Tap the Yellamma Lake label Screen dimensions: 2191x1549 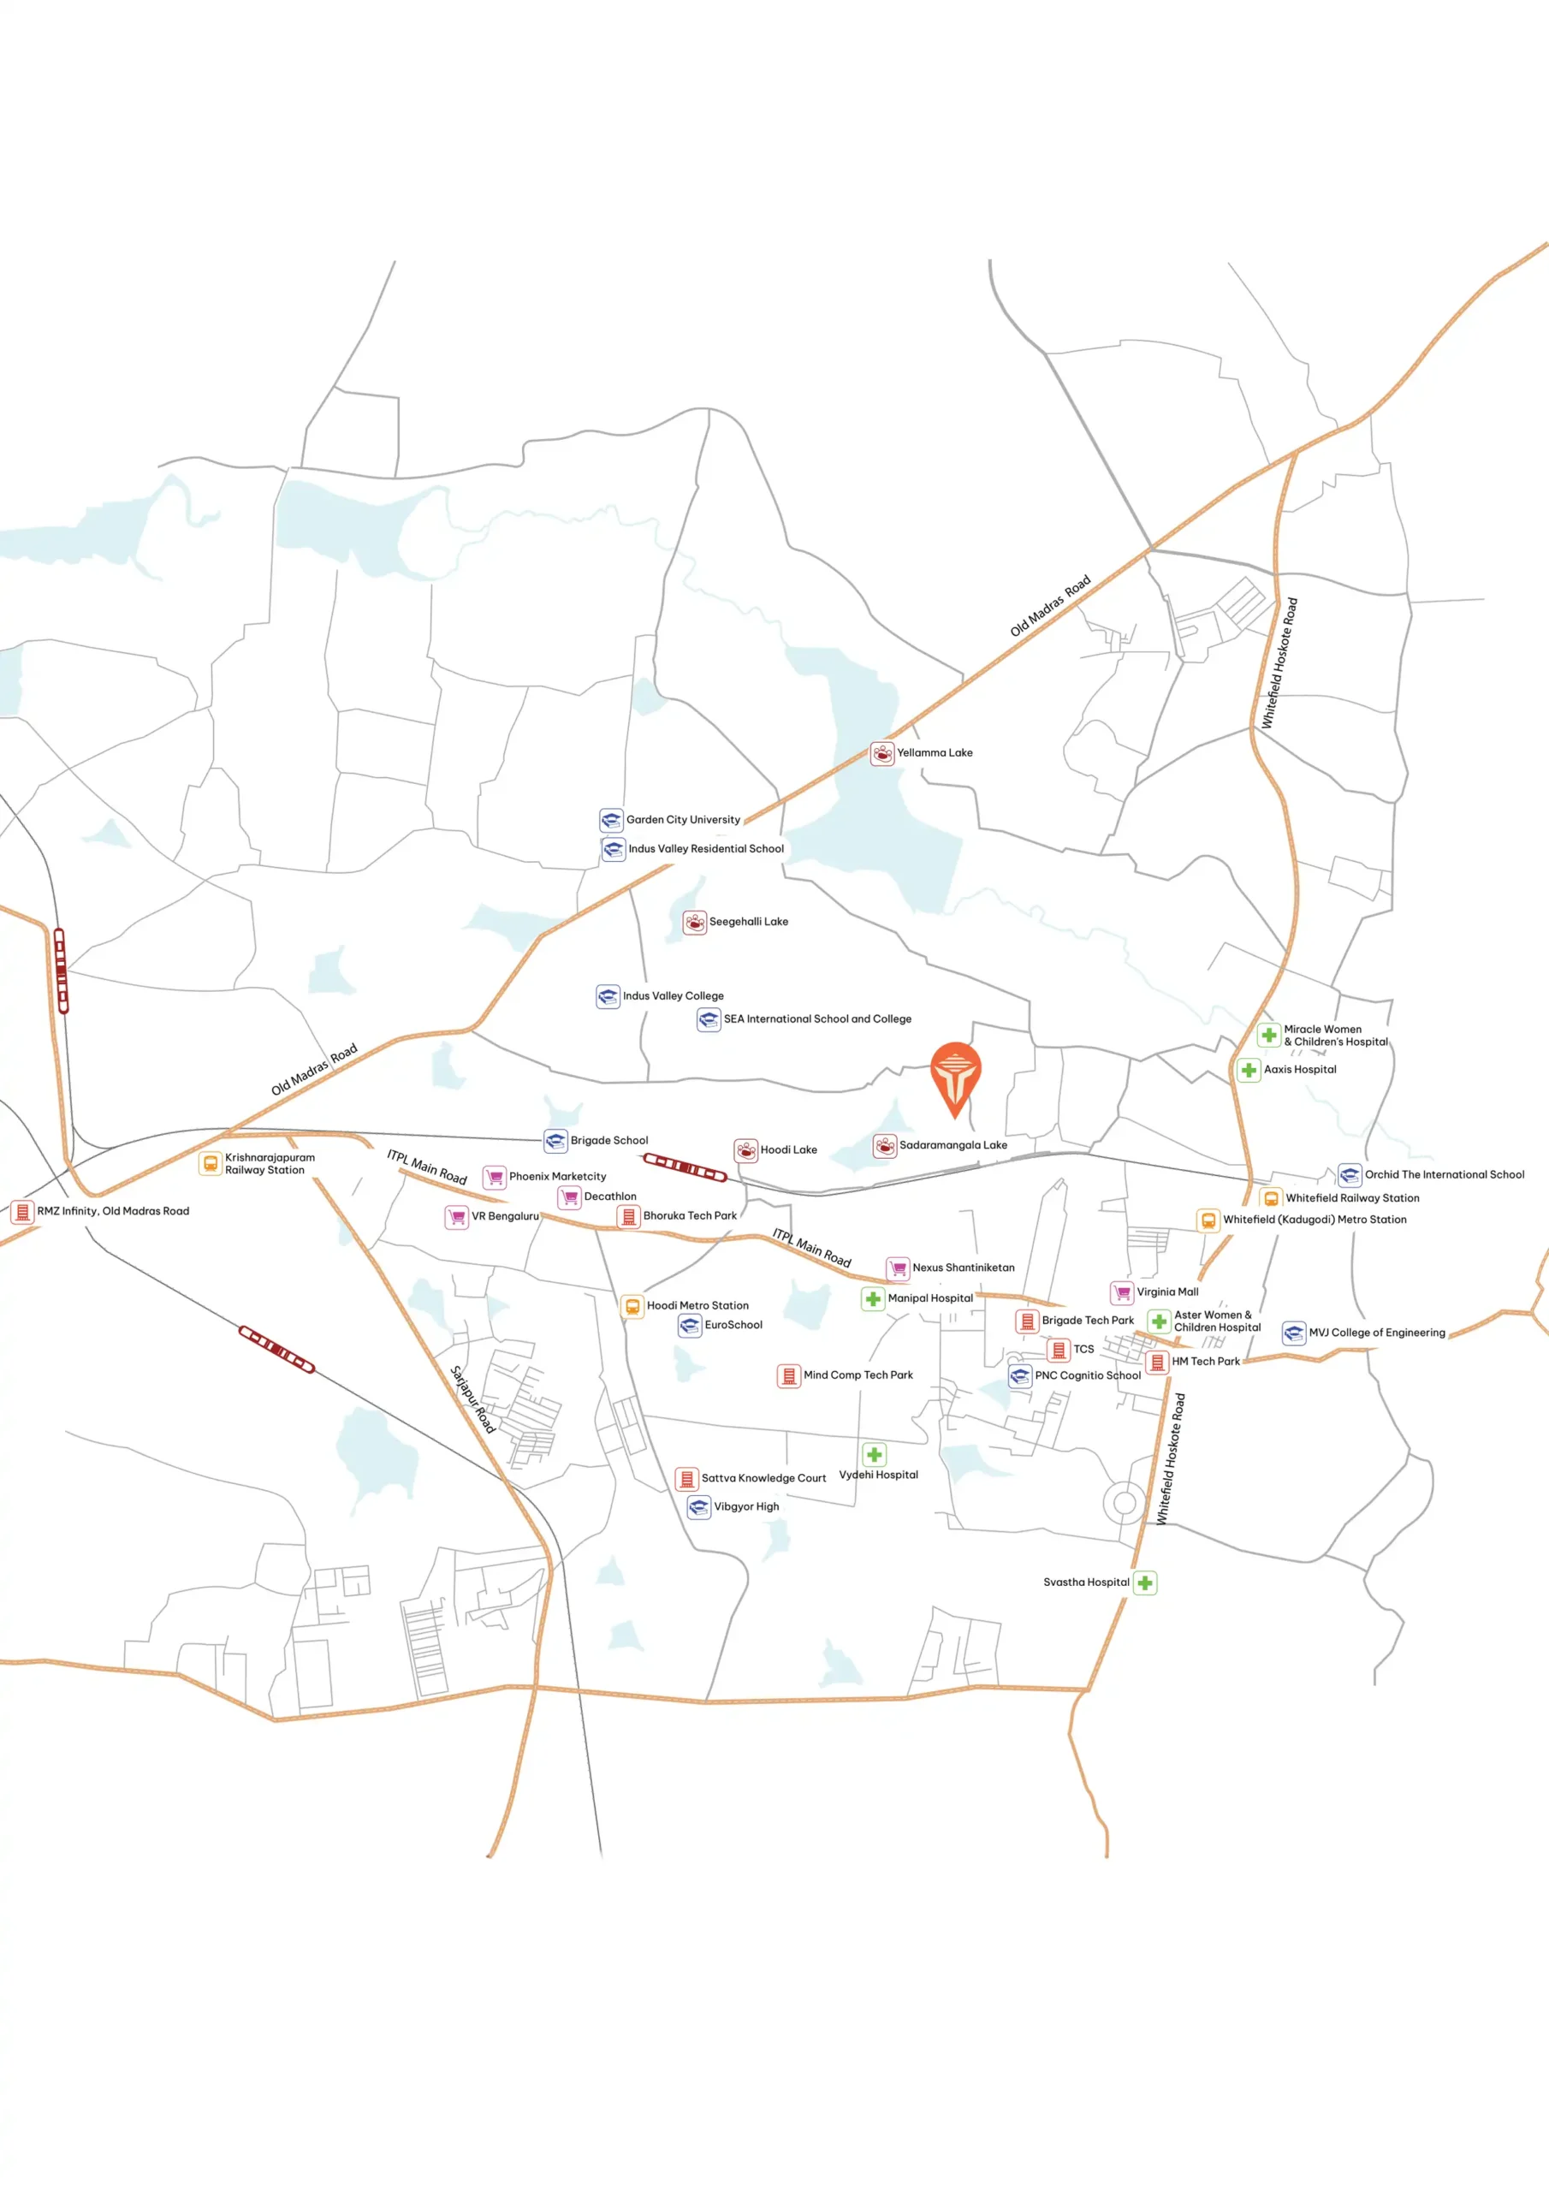pyautogui.click(x=935, y=753)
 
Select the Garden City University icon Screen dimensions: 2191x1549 pyautogui.click(x=611, y=820)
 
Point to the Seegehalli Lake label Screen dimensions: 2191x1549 pyautogui.click(x=748, y=922)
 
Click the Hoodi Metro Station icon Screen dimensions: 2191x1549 pyautogui.click(x=632, y=1306)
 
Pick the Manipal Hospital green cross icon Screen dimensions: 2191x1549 pyautogui.click(x=873, y=1298)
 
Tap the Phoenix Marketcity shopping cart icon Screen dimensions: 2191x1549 pyautogui.click(x=495, y=1177)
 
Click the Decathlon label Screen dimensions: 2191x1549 pyautogui.click(x=610, y=1196)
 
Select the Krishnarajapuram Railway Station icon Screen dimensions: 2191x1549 pyautogui.click(x=210, y=1163)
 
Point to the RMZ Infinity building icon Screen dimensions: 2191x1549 pyautogui.click(x=22, y=1212)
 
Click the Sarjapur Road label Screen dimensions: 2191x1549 pyautogui.click(x=472, y=1399)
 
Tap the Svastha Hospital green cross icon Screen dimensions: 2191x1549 pyautogui.click(x=1145, y=1583)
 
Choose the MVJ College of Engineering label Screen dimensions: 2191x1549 pyautogui.click(x=1376, y=1333)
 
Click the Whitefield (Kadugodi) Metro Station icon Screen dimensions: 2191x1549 pyautogui.click(x=1208, y=1220)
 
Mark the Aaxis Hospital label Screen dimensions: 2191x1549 pyautogui.click(x=1300, y=1070)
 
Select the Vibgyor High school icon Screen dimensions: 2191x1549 pyautogui.click(x=698, y=1507)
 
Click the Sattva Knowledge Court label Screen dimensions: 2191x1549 pyautogui.click(x=763, y=1478)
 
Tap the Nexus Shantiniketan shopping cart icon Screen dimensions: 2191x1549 pyautogui.click(x=898, y=1268)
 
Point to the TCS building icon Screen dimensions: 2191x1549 pyautogui.click(x=1059, y=1350)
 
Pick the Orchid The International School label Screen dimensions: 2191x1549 pyautogui.click(x=1444, y=1175)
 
